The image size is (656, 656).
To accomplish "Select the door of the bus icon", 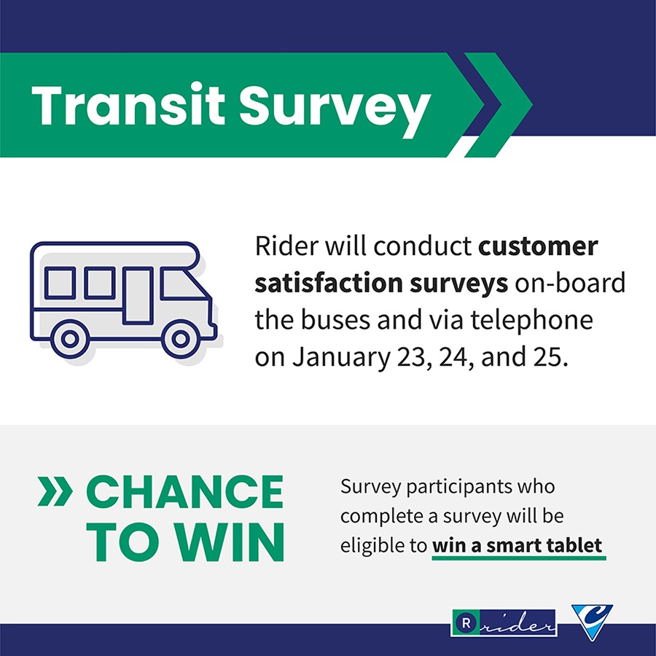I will click(138, 295).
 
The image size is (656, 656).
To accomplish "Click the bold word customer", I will click(538, 246).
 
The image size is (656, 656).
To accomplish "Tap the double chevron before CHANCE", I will click(55, 493).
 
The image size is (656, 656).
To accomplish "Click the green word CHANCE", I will click(184, 493).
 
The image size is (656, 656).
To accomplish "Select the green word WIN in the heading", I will click(233, 542).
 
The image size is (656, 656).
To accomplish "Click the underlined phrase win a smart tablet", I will click(518, 545).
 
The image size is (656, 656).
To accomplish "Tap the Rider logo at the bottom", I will click(504, 624).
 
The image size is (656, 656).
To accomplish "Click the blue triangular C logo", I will click(591, 621).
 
